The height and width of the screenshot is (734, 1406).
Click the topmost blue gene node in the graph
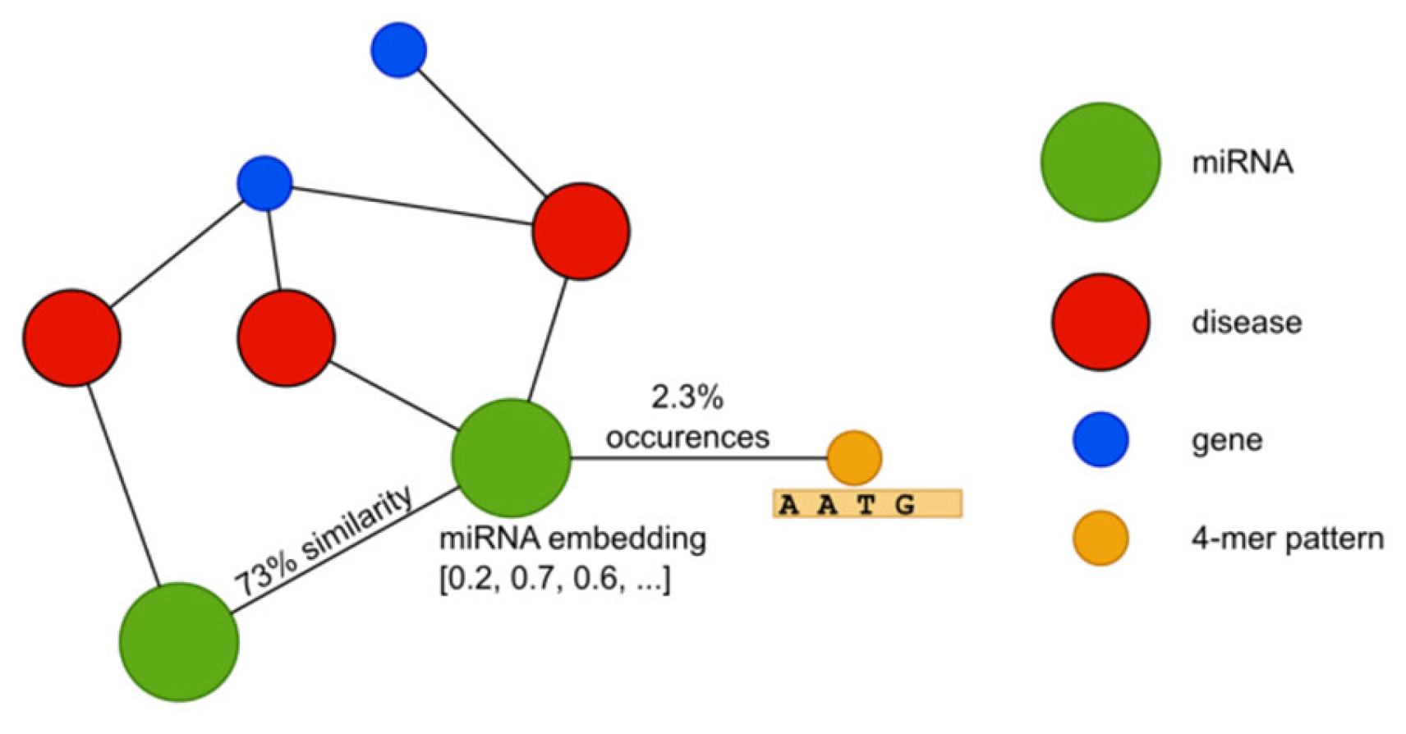(398, 50)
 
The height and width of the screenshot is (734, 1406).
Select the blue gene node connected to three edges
(264, 183)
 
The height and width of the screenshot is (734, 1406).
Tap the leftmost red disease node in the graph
(72, 337)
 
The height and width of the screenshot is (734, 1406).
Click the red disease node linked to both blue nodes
(581, 232)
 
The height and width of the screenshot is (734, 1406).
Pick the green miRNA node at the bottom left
(179, 642)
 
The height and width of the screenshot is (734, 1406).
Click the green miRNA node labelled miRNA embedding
(511, 458)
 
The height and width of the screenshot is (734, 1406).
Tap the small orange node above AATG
(854, 457)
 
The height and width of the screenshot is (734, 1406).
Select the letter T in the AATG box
(866, 505)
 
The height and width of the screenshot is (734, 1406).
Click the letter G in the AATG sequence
(905, 505)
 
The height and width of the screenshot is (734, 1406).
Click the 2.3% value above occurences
(687, 398)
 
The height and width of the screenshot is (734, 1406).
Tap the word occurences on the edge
(687, 438)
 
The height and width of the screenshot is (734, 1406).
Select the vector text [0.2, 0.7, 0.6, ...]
(555, 579)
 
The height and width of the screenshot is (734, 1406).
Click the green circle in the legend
(1100, 162)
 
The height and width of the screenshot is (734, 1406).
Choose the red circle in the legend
(1100, 322)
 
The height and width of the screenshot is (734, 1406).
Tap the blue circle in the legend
(1100, 439)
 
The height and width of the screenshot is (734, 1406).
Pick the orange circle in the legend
(1100, 538)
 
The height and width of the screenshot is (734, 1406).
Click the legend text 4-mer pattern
(1287, 539)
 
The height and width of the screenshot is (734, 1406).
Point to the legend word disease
(1246, 322)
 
